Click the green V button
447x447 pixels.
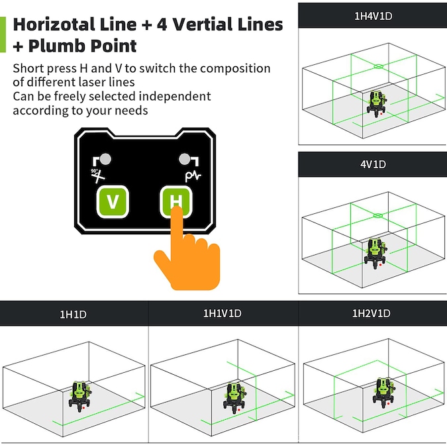tap(113, 201)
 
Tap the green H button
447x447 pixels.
tap(176, 201)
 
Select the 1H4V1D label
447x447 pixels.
tap(373, 16)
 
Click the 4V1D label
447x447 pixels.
tap(373, 164)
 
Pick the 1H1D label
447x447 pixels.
tap(73, 314)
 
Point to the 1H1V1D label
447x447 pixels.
tap(222, 313)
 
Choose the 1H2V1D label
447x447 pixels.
tap(371, 313)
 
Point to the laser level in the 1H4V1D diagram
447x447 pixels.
tap(377, 104)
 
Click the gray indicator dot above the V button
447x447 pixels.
tap(105, 159)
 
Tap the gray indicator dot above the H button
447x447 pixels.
tap(185, 159)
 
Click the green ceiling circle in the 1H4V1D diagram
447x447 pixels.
tap(378, 66)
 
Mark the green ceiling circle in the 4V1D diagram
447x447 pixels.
tap(378, 215)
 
